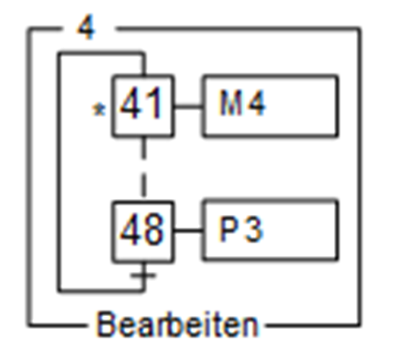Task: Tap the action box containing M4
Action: [270, 106]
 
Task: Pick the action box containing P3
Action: [270, 230]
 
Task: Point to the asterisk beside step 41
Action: [101, 110]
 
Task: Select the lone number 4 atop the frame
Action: [84, 28]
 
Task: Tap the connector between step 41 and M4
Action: [188, 106]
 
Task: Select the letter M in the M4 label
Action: [230, 106]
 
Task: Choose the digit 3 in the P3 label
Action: [252, 230]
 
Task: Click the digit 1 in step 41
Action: [156, 106]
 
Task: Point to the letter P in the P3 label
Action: [229, 230]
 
